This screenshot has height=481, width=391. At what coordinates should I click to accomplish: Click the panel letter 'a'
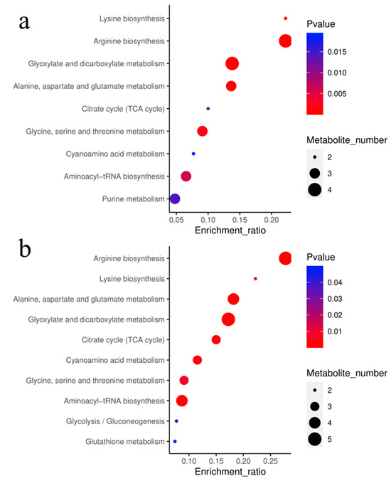[x=24, y=21]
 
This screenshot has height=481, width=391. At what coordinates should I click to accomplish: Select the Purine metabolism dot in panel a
[x=175, y=199]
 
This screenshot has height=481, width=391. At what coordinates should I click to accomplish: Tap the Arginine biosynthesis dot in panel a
[x=285, y=41]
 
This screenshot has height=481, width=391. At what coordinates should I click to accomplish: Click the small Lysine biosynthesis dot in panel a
[x=285, y=18]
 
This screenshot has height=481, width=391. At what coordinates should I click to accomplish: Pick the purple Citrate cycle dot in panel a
[x=208, y=109]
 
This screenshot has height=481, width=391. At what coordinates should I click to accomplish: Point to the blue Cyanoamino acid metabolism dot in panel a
[x=193, y=154]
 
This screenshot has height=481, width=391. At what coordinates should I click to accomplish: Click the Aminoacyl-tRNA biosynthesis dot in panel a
[x=186, y=176]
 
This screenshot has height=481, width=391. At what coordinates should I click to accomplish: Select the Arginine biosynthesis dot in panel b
[x=285, y=258]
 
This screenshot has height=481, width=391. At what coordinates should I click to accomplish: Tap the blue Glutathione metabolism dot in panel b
[x=175, y=441]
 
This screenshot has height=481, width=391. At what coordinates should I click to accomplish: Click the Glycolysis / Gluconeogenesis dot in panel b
[x=176, y=421]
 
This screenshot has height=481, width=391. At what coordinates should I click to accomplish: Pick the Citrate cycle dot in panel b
[x=216, y=339]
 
